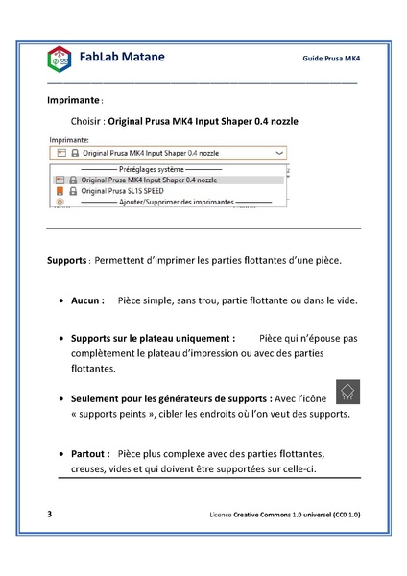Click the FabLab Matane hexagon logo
point(60,59)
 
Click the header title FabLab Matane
point(121,57)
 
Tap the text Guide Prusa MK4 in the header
point(331,59)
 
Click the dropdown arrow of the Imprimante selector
point(279,153)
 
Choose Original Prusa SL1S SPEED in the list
point(123,191)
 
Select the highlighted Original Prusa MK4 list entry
point(149,180)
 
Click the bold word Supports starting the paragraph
point(67,260)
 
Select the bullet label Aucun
point(87,300)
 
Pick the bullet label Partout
point(91,453)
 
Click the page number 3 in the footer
point(50,515)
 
